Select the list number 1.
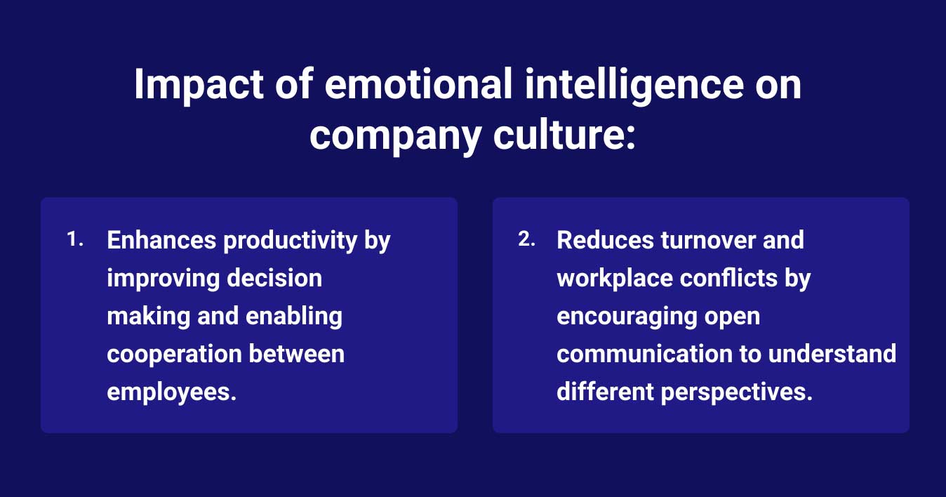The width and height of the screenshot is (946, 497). [x=74, y=240]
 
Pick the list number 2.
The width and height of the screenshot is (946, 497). [x=526, y=240]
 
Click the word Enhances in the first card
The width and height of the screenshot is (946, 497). [x=161, y=241]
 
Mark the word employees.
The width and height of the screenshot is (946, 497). [x=171, y=392]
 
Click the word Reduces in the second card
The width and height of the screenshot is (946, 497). [x=605, y=241]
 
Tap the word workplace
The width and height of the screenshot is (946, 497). [x=614, y=279]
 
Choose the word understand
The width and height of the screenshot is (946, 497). [x=832, y=354]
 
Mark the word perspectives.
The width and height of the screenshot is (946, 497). [x=737, y=392]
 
